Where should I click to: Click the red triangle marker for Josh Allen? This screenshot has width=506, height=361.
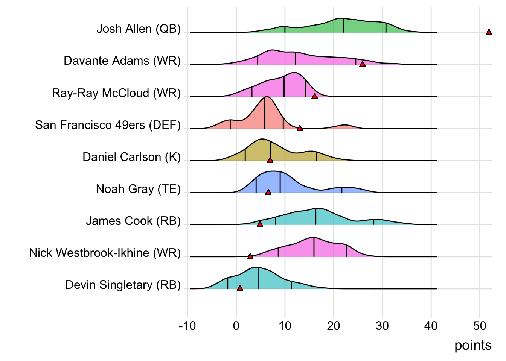[489, 32]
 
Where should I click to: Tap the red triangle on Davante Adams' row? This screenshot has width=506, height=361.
[362, 64]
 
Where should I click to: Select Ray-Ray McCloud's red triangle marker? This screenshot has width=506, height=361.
[314, 96]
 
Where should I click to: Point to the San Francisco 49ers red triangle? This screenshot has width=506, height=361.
[299, 128]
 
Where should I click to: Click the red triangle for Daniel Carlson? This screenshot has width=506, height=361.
[270, 160]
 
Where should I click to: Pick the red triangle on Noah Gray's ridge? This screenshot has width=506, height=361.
[268, 192]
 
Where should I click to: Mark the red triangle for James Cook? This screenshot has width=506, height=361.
[260, 224]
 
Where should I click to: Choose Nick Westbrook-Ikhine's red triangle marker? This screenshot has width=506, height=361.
[250, 256]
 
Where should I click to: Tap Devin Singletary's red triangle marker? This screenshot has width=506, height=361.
[240, 288]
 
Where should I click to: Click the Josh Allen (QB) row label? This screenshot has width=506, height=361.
[139, 29]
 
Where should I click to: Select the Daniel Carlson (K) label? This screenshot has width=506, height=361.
[131, 157]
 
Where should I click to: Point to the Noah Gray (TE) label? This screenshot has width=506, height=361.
[138, 189]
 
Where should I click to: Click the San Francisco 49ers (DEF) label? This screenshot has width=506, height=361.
[108, 125]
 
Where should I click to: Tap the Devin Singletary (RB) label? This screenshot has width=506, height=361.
[123, 285]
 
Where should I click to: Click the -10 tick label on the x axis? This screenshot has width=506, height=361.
[187, 326]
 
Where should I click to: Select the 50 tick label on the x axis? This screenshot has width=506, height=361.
[480, 326]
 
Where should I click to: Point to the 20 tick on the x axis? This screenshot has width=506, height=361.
[334, 326]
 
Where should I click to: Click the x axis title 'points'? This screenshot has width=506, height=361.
[473, 345]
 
